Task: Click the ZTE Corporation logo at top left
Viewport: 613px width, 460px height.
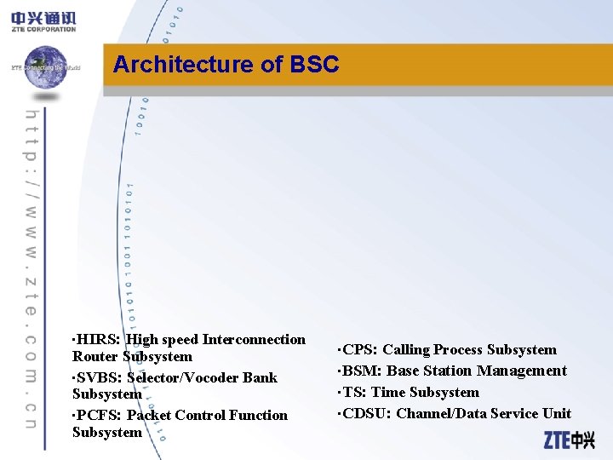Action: [x=43, y=20]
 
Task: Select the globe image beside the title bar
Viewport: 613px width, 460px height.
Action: [x=44, y=66]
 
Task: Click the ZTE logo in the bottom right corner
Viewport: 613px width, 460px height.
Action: [x=569, y=440]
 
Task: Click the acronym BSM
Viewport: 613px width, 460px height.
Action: [x=362, y=371]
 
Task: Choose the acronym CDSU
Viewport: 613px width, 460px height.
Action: [x=367, y=413]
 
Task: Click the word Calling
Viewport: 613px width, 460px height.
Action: [x=406, y=350]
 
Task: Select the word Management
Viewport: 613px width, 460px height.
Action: [x=522, y=371]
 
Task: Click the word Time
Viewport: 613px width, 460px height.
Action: [x=388, y=392]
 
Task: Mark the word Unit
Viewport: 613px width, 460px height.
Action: [x=557, y=413]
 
